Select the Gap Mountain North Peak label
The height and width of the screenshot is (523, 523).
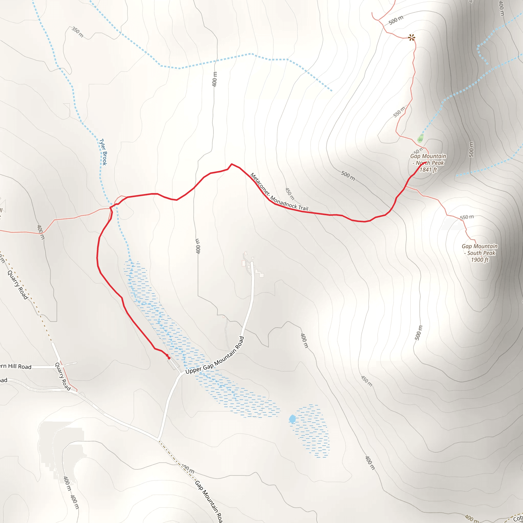click(x=428, y=159)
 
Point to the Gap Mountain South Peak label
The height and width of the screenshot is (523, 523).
click(x=479, y=249)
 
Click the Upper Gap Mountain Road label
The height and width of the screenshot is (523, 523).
click(x=215, y=355)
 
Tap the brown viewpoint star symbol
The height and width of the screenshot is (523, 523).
click(x=411, y=37)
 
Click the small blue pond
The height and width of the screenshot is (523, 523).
click(x=292, y=419)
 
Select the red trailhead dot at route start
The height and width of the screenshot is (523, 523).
click(x=169, y=358)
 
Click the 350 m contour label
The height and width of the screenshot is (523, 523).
click(x=77, y=32)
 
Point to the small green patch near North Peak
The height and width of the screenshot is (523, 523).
click(x=420, y=139)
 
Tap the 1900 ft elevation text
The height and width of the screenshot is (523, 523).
click(x=480, y=260)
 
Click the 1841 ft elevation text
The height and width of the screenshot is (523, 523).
click(x=428, y=170)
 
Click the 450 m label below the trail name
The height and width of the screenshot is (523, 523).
click(x=290, y=194)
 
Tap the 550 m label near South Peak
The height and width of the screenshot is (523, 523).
click(x=467, y=217)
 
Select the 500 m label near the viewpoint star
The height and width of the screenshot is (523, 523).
click(x=396, y=20)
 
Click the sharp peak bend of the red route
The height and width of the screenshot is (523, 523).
click(x=231, y=164)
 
